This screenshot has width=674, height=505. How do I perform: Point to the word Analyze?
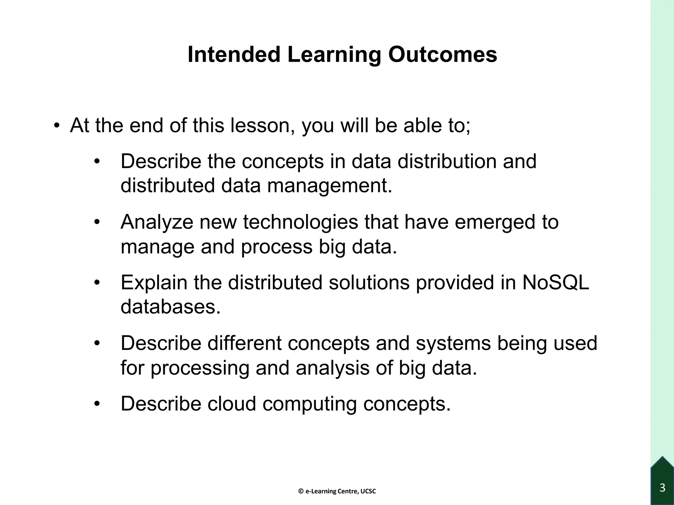[x=157, y=223]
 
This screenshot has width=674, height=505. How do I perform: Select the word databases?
[x=170, y=307]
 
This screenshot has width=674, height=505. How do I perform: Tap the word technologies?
[x=300, y=223]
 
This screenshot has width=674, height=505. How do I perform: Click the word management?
[x=330, y=186]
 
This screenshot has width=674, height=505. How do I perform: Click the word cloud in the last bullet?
[x=232, y=404]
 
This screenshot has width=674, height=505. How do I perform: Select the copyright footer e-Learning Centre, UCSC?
[x=337, y=492]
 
